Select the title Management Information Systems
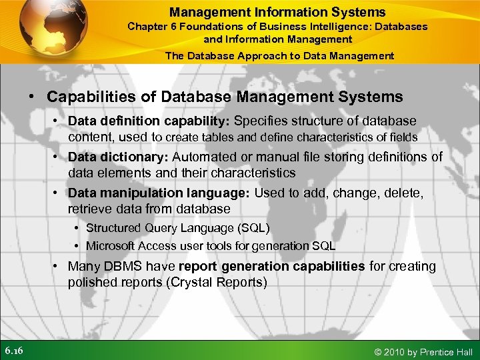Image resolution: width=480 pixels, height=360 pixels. [277, 11]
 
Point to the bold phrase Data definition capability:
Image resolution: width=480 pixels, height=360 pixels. [149, 121]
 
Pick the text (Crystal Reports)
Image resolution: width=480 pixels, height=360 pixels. [217, 282]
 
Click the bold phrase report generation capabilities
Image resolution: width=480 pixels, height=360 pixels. [271, 266]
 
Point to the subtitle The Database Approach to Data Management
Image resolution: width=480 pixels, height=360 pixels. [279, 56]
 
